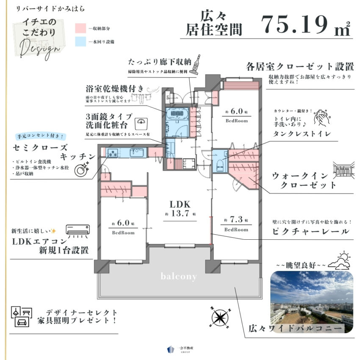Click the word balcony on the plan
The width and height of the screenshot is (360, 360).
pos(178,277)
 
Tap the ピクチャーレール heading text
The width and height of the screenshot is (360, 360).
pos(311,232)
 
